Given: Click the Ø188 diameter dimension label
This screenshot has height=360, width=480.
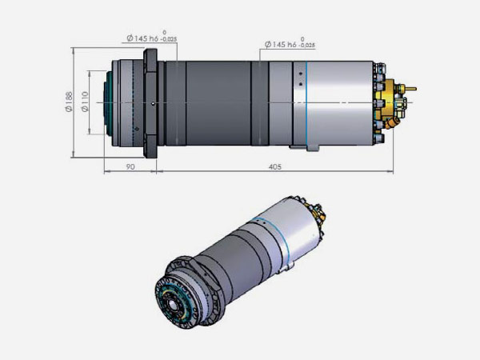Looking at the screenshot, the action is click(69, 102).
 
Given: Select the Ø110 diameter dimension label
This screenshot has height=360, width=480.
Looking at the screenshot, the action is click(85, 102).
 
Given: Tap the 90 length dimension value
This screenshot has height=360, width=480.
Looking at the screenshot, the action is click(130, 167).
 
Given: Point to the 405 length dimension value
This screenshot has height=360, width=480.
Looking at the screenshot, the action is click(274, 167).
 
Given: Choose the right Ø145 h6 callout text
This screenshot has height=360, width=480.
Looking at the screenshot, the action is click(281, 44).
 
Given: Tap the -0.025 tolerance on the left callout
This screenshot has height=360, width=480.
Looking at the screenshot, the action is click(169, 39).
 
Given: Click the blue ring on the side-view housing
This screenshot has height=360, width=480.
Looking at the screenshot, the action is click(306, 103).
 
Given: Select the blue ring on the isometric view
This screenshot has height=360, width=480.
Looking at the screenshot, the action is click(273, 233).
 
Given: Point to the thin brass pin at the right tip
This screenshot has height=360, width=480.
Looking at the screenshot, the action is click(410, 89).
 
